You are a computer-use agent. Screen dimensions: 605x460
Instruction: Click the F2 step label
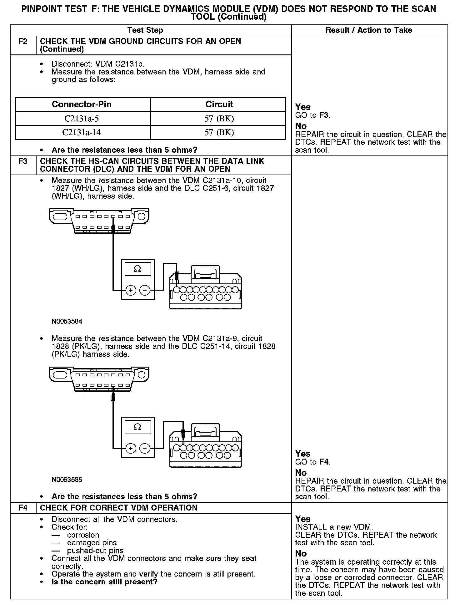(x=23, y=42)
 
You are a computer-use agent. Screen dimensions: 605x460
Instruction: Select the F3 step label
(x=23, y=161)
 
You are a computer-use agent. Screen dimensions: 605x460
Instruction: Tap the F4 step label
(x=23, y=507)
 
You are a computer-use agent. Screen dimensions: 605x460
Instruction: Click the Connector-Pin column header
(x=82, y=104)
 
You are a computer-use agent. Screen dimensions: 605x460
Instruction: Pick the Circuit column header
(x=219, y=104)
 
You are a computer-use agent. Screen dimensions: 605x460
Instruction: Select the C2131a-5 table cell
(x=82, y=119)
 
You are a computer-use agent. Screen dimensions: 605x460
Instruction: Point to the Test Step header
(x=145, y=30)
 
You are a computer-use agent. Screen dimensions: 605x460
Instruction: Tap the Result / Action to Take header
(x=369, y=30)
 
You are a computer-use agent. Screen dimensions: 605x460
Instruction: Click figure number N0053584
(x=67, y=322)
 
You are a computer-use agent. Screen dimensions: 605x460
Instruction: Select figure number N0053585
(x=67, y=480)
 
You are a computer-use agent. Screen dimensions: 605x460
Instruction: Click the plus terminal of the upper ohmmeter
(x=130, y=291)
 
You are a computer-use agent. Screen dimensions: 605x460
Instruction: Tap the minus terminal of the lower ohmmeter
(x=144, y=449)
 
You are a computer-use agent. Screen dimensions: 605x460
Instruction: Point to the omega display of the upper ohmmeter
(x=137, y=269)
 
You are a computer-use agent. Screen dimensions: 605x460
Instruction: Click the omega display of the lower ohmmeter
(x=137, y=427)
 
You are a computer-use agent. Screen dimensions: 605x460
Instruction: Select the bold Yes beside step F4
(x=303, y=519)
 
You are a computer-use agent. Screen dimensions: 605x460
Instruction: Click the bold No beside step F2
(x=301, y=126)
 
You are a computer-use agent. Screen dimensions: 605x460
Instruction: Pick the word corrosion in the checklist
(x=83, y=535)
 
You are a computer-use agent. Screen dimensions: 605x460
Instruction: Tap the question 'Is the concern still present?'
(x=104, y=582)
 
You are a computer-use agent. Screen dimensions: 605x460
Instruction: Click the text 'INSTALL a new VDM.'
(x=334, y=527)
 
